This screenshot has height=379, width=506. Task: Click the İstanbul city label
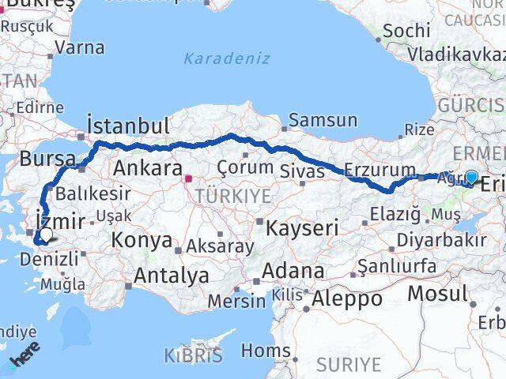click(x=128, y=126)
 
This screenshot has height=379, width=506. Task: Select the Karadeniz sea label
click(x=227, y=58)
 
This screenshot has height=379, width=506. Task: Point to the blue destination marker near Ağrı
click(x=471, y=178)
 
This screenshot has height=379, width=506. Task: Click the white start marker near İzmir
click(x=47, y=235)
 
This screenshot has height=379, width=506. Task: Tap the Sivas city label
click(x=303, y=171)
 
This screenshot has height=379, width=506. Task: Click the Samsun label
click(x=323, y=121)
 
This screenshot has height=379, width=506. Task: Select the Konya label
click(x=142, y=240)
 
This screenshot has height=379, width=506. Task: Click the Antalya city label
click(x=172, y=276)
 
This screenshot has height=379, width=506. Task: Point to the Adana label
click(x=294, y=272)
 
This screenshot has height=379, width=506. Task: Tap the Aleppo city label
click(x=347, y=299)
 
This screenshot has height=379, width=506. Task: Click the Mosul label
click(x=437, y=295)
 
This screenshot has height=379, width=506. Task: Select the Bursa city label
click(x=47, y=157)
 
